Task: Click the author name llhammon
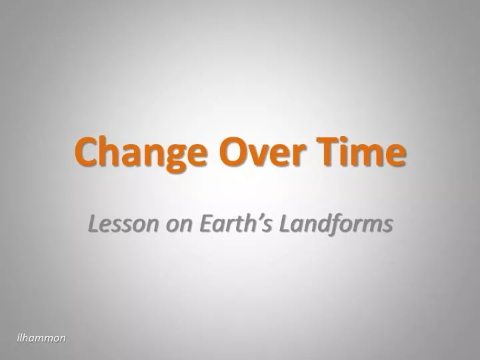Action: tap(41, 338)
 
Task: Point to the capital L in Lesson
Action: tap(93, 225)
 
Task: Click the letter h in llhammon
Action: tap(26, 338)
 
